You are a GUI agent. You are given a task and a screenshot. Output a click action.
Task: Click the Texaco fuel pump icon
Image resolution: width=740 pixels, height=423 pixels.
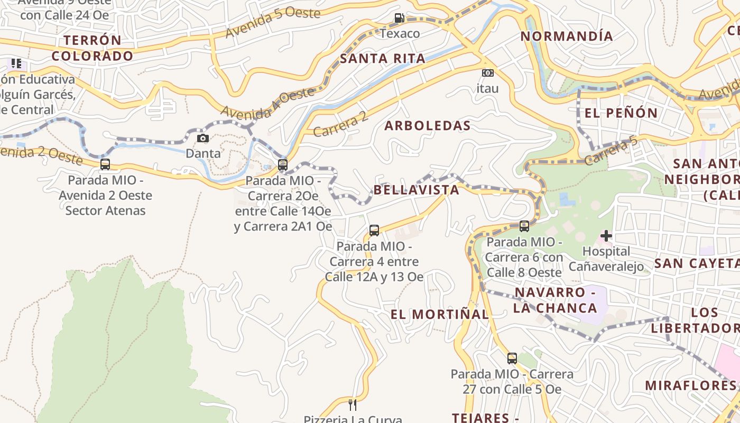point(399,18)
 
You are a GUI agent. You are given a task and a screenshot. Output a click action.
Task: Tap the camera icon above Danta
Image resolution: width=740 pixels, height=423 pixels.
point(202,139)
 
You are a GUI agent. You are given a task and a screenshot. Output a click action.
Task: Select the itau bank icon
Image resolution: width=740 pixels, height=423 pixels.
point(487,73)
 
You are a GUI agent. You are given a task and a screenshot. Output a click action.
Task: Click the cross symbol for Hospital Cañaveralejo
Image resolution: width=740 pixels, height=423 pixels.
point(606,235)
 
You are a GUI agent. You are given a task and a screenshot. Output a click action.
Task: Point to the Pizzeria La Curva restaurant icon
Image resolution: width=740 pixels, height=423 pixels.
point(353,405)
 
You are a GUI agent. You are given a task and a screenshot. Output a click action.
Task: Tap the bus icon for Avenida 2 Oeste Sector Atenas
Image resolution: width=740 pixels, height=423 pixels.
point(105,164)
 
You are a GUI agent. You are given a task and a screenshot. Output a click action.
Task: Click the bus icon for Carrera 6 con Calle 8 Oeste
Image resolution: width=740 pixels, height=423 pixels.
point(524,226)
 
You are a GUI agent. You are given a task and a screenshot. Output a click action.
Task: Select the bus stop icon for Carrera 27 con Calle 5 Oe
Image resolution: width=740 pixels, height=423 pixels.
point(512,358)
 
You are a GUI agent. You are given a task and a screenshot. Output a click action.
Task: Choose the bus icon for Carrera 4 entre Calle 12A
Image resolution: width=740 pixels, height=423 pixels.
point(374,231)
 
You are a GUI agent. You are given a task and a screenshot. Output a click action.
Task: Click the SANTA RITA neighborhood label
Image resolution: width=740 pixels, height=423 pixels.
point(382,59)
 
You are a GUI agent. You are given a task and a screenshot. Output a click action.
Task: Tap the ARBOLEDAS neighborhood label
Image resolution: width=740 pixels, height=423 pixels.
point(427,126)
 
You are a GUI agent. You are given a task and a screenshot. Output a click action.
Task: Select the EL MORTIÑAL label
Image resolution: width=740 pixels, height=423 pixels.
point(440,314)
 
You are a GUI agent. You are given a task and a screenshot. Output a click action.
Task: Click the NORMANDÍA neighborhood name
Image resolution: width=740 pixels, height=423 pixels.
point(567,36)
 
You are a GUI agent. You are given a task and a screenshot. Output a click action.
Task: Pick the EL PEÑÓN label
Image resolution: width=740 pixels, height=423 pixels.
point(621,113)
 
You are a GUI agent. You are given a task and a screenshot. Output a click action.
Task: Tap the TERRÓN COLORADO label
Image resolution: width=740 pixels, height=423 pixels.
point(92,48)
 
